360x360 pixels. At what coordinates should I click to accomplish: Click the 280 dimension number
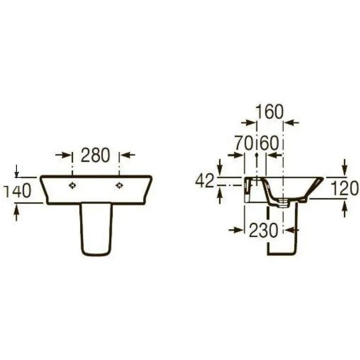click(96, 155)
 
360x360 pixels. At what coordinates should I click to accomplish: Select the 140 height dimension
click(17, 191)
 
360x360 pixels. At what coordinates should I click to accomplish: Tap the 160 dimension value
click(270, 112)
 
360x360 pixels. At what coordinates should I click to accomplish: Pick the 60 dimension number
click(270, 143)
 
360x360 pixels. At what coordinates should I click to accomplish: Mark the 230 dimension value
click(264, 230)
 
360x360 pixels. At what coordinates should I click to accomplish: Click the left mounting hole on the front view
click(72, 185)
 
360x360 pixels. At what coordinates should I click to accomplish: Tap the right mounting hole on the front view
click(119, 185)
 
